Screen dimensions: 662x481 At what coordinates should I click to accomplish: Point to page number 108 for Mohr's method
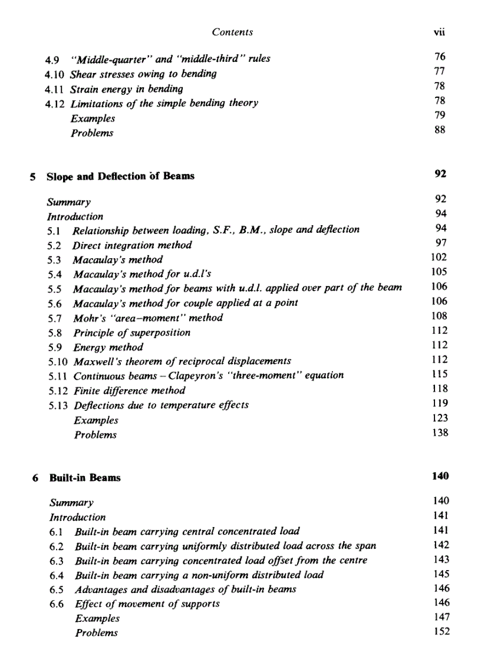[439, 316]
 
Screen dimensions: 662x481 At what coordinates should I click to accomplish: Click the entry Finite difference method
[129, 390]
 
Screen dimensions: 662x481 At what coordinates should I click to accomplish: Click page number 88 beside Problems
[440, 130]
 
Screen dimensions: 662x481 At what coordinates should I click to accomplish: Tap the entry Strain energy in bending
[126, 89]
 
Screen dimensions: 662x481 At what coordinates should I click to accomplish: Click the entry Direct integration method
[132, 245]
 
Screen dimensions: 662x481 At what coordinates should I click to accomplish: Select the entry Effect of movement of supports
[147, 604]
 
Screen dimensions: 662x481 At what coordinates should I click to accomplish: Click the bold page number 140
[439, 476]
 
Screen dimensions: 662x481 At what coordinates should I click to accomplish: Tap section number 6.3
[57, 560]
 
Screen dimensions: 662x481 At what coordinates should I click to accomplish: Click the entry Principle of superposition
[131, 332]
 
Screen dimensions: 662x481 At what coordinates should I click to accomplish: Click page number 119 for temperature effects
[439, 403]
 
